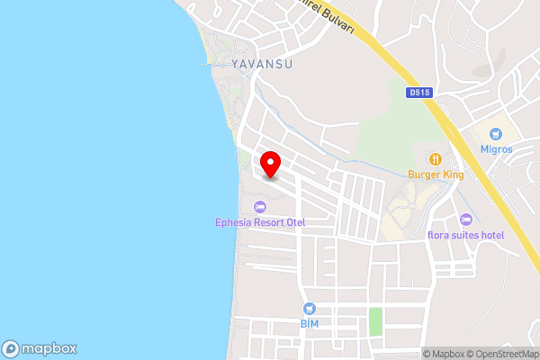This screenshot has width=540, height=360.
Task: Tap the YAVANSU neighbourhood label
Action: tap(262, 64)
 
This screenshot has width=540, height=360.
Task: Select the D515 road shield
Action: tap(419, 91)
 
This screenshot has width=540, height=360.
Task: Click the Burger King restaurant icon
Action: tap(436, 158)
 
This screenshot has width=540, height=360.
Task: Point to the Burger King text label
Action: tap(436, 175)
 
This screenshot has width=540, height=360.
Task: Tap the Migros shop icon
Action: tap(496, 133)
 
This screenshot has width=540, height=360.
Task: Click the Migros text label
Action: tap(496, 149)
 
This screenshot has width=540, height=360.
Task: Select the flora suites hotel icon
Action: tap(465, 220)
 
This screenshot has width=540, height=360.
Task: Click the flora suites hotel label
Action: tap(465, 236)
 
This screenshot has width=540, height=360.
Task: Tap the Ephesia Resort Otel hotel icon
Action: tap(260, 207)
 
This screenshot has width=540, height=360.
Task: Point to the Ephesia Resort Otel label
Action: tap(260, 222)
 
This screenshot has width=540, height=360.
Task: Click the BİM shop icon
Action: tap(309, 307)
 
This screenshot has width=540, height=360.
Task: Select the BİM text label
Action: tap(309, 322)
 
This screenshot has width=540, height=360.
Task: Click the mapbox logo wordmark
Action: tap(49, 348)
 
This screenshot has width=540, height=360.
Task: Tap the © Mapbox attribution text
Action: tap(446, 354)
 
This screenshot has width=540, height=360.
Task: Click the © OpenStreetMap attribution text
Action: tap(504, 354)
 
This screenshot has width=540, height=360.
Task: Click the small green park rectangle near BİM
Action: tap(375, 321)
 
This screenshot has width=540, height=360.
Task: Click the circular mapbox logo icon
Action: tap(12, 348)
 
